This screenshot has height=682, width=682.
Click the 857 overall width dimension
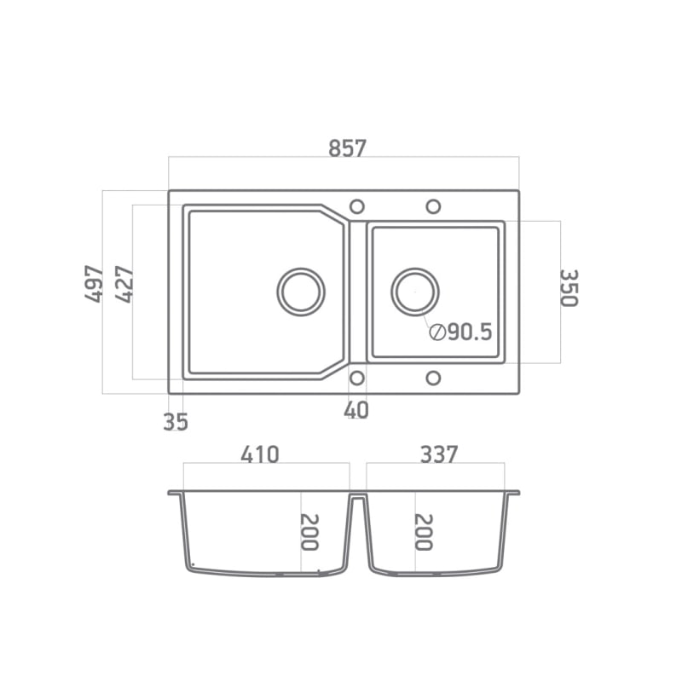[x=347, y=147]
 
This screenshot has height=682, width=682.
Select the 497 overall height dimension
[x=95, y=284]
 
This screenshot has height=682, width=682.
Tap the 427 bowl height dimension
[x=124, y=284]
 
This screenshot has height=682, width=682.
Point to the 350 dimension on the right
[x=569, y=288]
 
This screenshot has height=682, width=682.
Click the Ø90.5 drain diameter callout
[x=460, y=332]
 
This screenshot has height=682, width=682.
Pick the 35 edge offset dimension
[x=176, y=421]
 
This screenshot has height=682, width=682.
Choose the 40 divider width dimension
[x=356, y=410]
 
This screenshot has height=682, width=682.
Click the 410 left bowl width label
[x=260, y=454]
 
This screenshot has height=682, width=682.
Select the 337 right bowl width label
[x=439, y=454]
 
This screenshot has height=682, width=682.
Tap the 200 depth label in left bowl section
[x=309, y=532]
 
